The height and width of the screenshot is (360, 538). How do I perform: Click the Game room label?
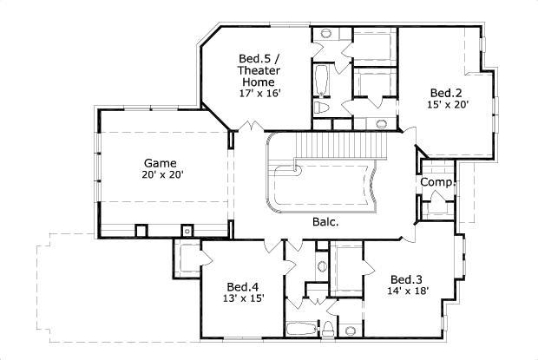click(161, 162)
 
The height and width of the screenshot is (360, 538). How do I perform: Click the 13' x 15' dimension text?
click(243, 298)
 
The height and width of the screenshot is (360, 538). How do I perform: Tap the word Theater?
click(258, 71)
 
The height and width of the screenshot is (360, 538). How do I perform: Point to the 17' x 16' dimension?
click(258, 93)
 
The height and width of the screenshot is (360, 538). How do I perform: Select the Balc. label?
click(325, 221)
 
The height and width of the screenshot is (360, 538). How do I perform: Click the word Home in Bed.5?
click(258, 82)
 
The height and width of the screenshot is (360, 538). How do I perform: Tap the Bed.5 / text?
click(258, 59)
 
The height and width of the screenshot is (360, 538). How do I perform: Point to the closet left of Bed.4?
click(186, 259)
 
